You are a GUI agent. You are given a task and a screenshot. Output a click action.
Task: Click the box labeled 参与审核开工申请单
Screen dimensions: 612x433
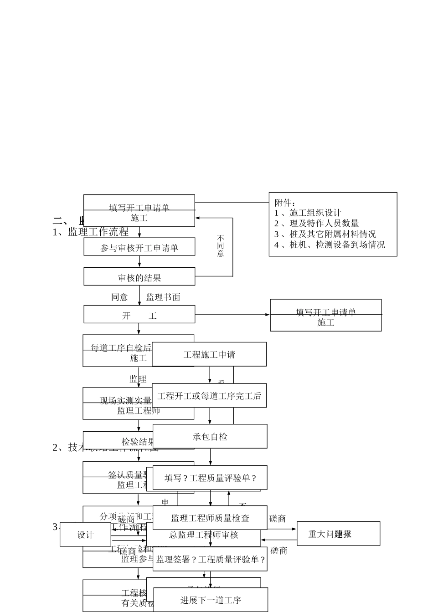[139, 247]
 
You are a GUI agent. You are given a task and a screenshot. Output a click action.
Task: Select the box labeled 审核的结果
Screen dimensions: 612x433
[139, 277]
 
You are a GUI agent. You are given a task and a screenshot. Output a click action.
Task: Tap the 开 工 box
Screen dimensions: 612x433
[139, 315]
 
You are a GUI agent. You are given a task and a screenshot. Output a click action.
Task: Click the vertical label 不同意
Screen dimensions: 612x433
[221, 246]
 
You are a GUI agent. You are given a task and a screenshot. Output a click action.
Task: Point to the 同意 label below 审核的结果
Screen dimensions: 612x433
[119, 297]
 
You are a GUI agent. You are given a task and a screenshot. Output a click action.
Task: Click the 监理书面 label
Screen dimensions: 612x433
[163, 297]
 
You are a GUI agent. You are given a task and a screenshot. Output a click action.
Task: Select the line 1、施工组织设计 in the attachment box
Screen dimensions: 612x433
[308, 213]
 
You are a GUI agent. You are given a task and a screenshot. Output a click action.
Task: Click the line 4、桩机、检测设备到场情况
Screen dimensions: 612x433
[330, 245]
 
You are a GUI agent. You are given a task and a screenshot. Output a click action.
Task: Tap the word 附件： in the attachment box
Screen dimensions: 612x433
[285, 203]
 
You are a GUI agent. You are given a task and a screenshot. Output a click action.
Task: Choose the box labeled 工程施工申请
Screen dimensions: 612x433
[209, 354]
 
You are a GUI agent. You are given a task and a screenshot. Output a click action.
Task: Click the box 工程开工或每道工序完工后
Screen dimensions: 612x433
[209, 396]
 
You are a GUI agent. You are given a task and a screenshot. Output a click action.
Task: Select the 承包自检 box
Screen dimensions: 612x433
[210, 436]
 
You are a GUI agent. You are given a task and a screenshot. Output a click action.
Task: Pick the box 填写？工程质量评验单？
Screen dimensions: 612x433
[210, 478]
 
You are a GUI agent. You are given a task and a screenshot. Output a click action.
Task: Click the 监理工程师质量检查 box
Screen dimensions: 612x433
[210, 518]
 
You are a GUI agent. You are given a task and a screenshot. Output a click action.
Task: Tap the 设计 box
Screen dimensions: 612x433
[85, 535]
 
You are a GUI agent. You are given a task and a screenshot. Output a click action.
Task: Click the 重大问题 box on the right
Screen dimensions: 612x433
[338, 534]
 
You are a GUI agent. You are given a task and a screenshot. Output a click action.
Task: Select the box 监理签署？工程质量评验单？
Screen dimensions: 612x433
[210, 559]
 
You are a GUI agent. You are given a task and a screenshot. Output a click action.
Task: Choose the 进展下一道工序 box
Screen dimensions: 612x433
[211, 600]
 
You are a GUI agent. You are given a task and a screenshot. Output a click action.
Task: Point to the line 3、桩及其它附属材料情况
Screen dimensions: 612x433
[325, 234]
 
